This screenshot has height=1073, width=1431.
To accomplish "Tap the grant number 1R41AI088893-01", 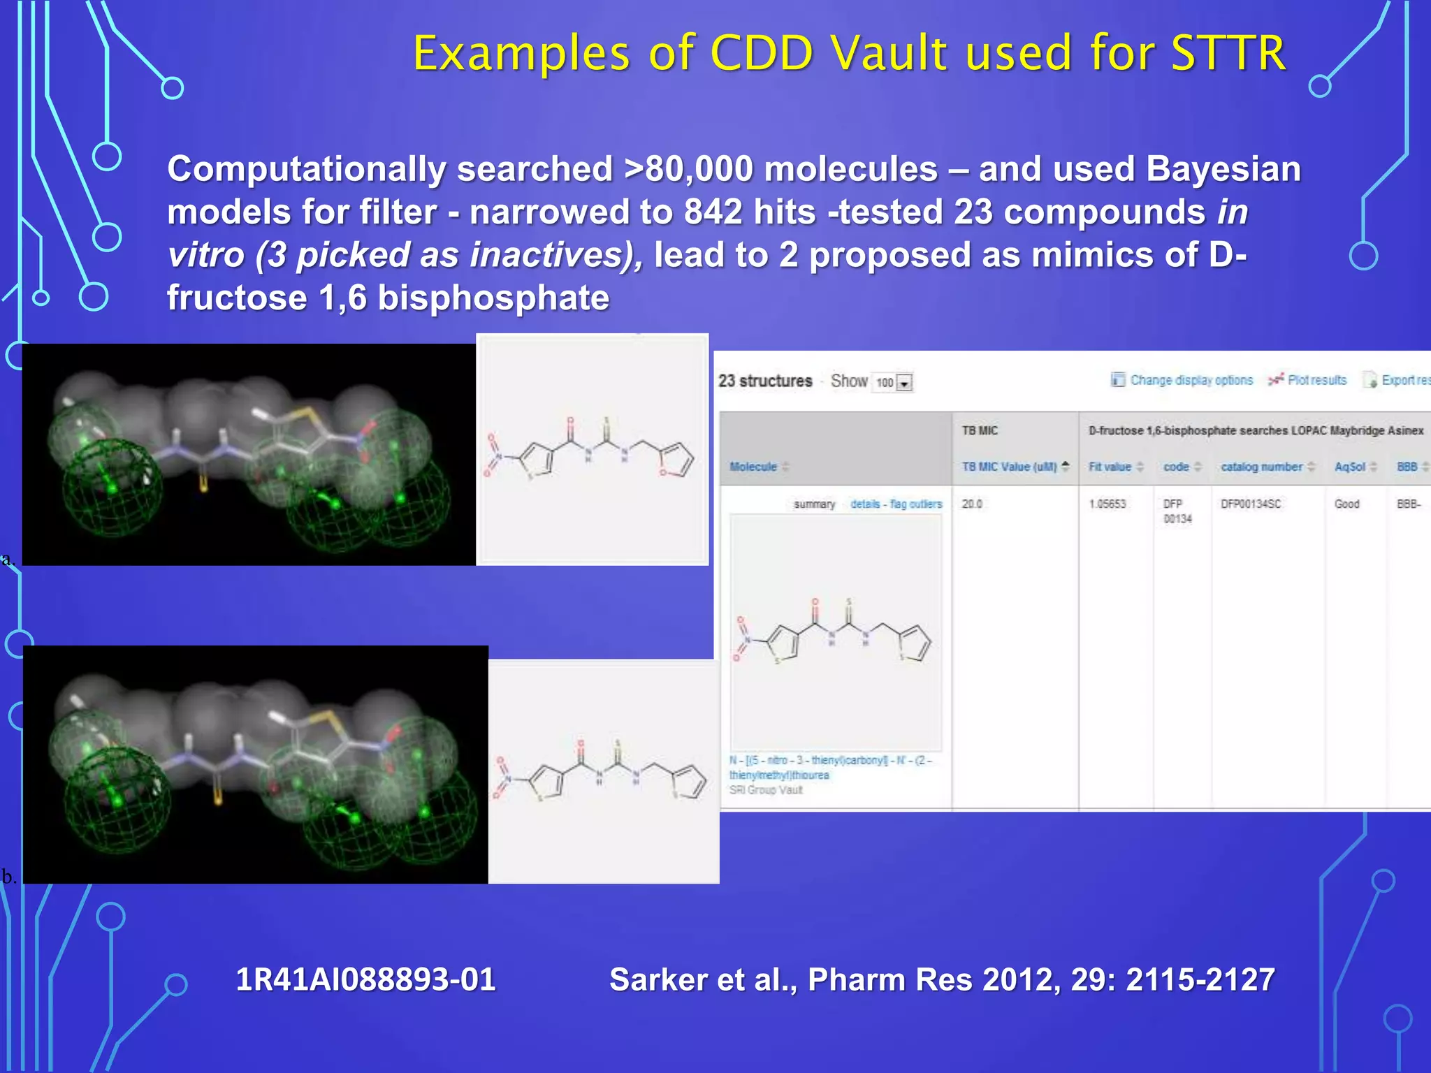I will (365, 979).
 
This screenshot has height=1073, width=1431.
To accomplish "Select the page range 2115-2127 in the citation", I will (1200, 979).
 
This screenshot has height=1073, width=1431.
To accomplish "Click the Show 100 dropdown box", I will (894, 382).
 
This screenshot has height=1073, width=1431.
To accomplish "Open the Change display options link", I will (1191, 380).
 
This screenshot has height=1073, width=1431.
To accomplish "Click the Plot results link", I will (1316, 380).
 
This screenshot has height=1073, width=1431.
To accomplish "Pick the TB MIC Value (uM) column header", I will (1009, 467).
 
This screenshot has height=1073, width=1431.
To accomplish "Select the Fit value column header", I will (1110, 467).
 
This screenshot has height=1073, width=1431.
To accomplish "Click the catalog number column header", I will (1261, 467).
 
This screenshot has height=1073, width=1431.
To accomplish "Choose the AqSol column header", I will (1349, 467).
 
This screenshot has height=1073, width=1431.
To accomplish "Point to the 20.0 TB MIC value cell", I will (972, 504).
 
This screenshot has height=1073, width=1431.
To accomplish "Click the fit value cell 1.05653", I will (1107, 504).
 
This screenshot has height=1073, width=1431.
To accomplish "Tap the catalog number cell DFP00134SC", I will (1251, 504).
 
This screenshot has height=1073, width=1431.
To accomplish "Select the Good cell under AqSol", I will (1346, 504).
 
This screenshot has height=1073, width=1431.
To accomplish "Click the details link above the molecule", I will (865, 504).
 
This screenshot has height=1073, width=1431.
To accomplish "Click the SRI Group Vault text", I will (766, 790).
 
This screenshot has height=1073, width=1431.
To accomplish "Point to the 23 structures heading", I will (765, 381).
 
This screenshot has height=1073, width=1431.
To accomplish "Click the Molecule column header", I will (753, 467).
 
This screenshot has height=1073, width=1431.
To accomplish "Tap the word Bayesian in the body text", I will (1223, 170).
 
